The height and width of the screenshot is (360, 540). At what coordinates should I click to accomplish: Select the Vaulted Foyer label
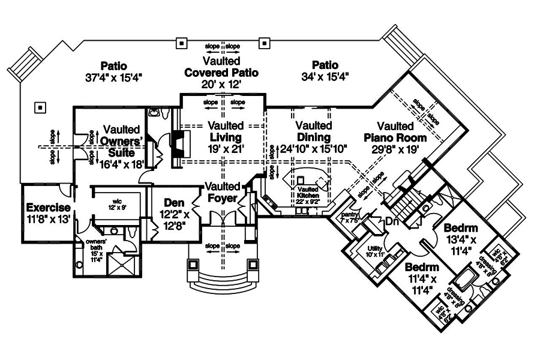[221, 192]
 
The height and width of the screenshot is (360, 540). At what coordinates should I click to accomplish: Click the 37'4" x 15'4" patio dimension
[113, 76]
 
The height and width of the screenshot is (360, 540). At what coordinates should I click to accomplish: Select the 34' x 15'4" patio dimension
[325, 76]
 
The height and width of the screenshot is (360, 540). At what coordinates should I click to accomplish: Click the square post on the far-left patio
[40, 107]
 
